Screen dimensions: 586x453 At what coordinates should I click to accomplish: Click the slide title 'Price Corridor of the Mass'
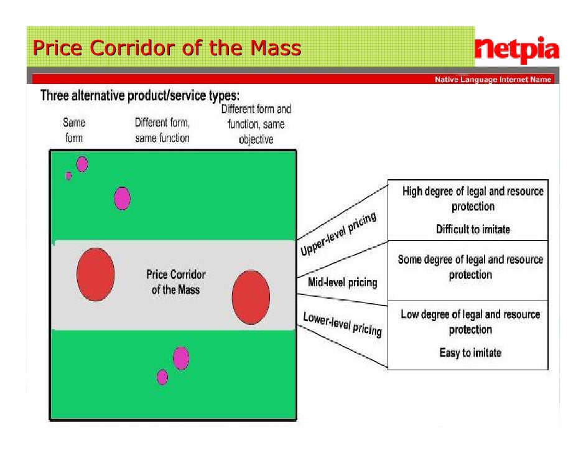tap(167, 48)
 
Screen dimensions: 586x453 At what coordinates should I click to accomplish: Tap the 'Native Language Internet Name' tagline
tap(492, 80)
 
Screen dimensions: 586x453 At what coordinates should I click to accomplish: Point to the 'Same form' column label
tap(74, 131)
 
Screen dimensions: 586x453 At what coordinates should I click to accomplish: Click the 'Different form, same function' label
tap(162, 131)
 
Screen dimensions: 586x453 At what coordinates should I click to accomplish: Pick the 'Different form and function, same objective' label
tap(256, 124)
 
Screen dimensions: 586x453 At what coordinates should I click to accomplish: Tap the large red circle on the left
tap(95, 274)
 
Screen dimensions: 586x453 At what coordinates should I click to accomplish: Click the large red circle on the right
tap(251, 297)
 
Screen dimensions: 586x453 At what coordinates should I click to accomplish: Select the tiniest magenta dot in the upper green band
tap(68, 175)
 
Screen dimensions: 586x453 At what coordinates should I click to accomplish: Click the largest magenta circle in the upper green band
tap(123, 198)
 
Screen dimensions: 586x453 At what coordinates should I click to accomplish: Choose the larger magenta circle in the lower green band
tap(180, 358)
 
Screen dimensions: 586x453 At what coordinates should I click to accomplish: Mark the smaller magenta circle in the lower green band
tap(162, 376)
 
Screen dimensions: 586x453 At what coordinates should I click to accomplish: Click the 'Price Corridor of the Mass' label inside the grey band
tap(175, 282)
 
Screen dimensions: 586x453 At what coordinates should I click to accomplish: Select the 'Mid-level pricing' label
tap(342, 283)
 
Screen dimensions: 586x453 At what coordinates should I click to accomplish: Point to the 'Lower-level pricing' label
tap(342, 324)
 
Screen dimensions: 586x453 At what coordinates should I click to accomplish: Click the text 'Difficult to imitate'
tap(472, 229)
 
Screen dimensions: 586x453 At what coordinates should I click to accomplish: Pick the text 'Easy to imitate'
tap(470, 353)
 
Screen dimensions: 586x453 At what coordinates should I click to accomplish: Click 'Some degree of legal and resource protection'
tap(470, 267)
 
